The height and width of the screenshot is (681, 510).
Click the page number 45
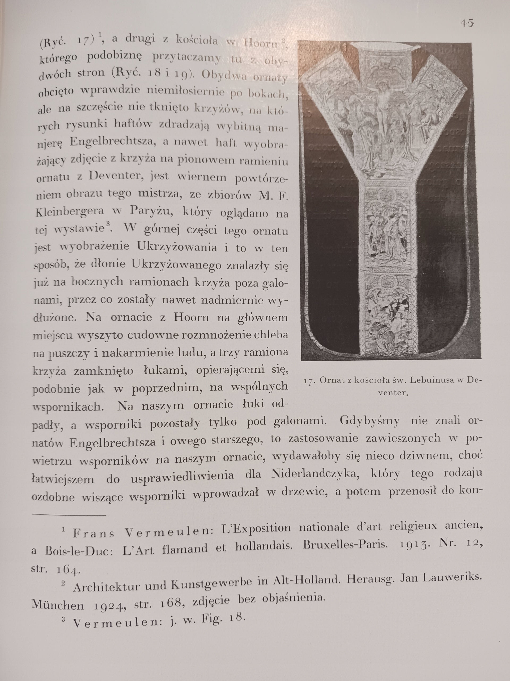pos(467,23)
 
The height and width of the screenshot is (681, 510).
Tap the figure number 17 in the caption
pos(309,381)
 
